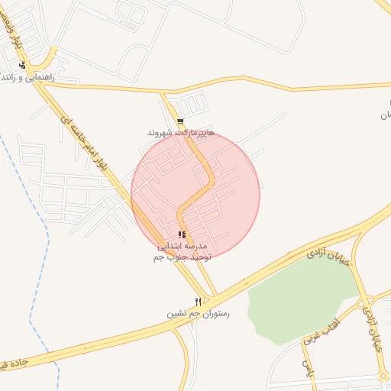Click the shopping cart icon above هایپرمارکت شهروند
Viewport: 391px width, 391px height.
point(180,121)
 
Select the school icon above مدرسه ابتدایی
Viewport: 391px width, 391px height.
point(181,234)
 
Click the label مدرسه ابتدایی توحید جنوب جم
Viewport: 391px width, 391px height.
point(181,252)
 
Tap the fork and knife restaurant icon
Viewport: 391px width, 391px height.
point(198,302)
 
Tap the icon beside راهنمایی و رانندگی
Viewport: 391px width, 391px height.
point(22,66)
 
